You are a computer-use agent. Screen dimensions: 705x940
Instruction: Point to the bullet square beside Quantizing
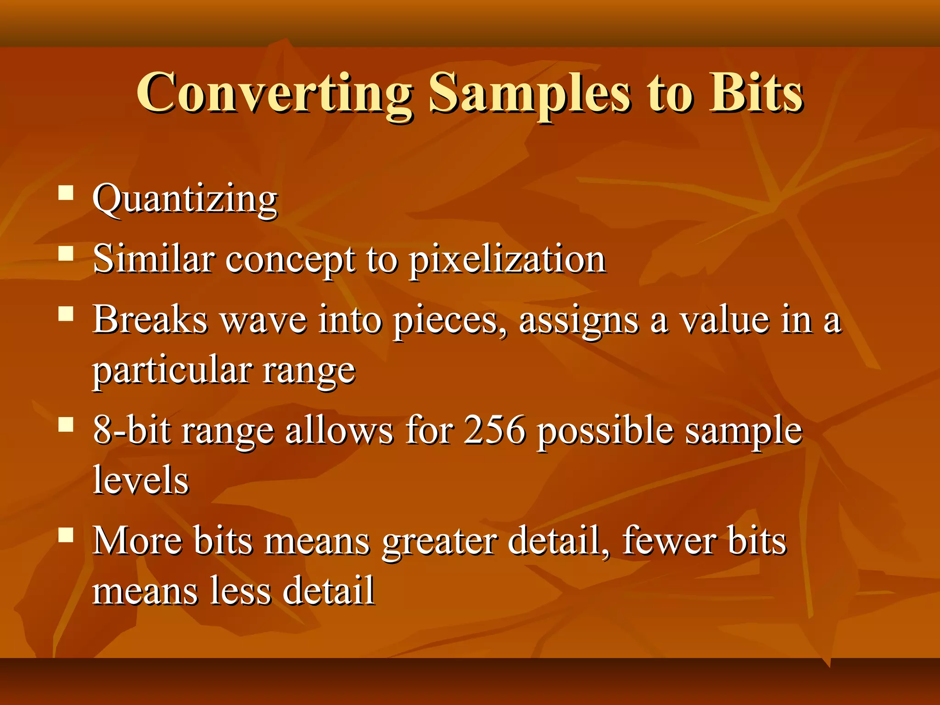point(66,193)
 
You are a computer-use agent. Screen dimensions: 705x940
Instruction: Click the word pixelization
point(507,260)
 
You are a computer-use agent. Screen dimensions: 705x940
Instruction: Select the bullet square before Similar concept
point(66,253)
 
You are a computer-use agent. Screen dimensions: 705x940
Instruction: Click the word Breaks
point(150,320)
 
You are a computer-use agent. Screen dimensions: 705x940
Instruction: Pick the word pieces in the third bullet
point(450,321)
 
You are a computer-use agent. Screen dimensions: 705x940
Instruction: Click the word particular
point(173,371)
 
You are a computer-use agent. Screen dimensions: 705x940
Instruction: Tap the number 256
point(494,430)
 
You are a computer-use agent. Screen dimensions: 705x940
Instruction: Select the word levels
point(140,480)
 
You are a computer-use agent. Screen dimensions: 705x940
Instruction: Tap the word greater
point(440,542)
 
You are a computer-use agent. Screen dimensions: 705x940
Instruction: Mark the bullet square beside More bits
point(66,535)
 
